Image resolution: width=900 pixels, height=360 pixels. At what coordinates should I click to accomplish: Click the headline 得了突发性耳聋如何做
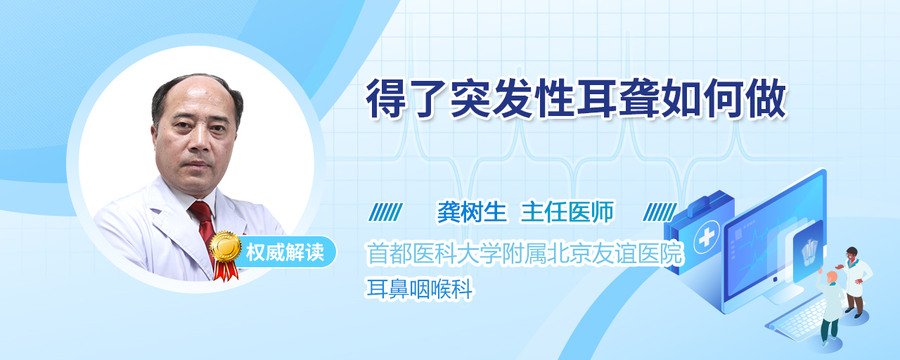click(575, 99)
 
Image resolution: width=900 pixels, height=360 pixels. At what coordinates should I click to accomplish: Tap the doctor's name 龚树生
click(472, 212)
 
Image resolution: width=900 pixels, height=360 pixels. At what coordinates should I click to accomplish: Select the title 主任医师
click(567, 212)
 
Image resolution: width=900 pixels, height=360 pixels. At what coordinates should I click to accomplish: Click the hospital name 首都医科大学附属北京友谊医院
click(525, 254)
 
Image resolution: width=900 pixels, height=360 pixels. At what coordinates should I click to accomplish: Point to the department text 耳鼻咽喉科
click(420, 289)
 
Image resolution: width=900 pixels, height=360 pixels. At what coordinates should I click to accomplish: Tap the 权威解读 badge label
click(285, 252)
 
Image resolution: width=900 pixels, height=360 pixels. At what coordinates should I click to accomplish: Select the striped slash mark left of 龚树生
click(385, 212)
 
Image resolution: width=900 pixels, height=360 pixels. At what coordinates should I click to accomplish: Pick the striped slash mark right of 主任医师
click(660, 212)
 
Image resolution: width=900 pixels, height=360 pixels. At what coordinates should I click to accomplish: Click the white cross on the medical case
click(707, 238)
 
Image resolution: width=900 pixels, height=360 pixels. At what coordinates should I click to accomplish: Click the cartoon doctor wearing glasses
click(853, 281)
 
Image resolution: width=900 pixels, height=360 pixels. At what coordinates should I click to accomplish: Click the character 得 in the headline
click(385, 99)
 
